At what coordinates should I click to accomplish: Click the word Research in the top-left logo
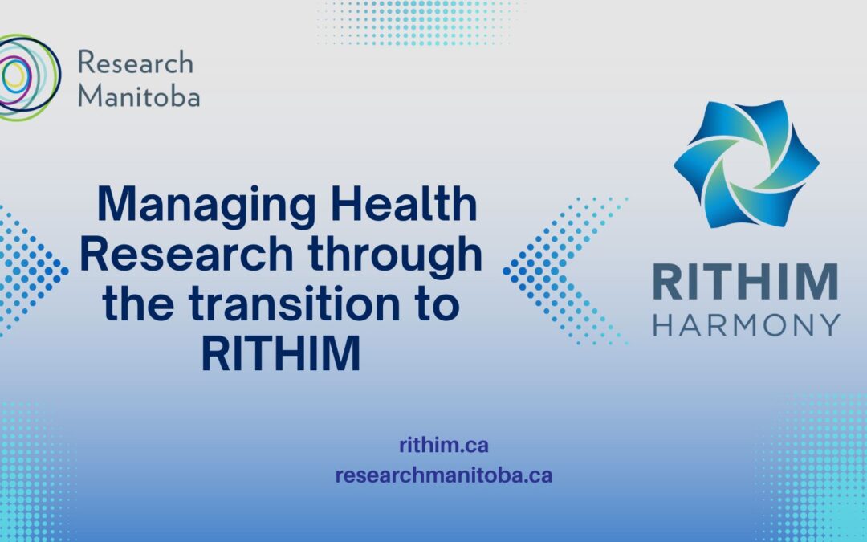(136, 62)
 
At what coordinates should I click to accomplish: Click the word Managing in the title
(206, 206)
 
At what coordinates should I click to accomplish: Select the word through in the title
(395, 256)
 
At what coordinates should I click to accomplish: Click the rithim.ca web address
(444, 445)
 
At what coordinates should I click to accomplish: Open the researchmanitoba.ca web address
(444, 475)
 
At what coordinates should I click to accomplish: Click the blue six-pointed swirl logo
(747, 164)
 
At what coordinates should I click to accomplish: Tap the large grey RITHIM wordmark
(745, 282)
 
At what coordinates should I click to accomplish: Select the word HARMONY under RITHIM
(747, 325)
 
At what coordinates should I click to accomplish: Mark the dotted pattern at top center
(418, 22)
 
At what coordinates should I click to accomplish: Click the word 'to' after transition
(438, 304)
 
